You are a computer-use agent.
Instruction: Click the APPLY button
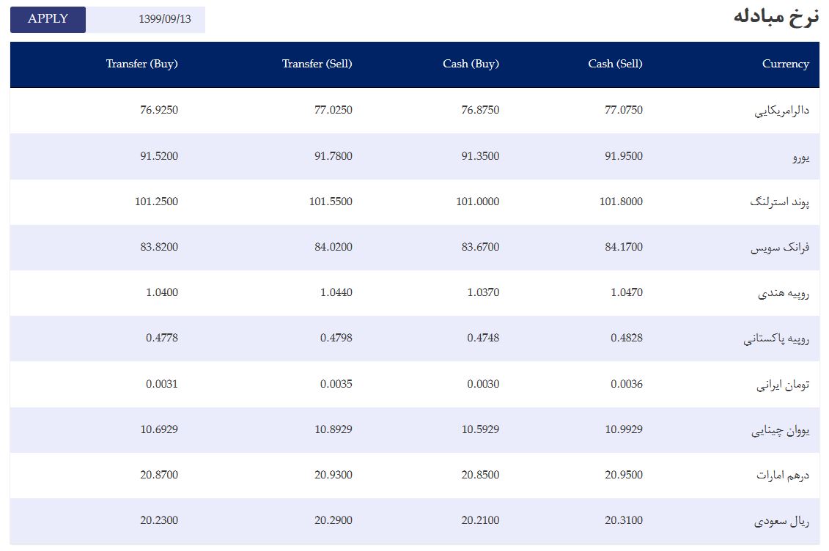pyautogui.click(x=48, y=20)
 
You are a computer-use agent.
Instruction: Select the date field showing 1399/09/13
pyautogui.click(x=146, y=20)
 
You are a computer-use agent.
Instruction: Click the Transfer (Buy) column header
pyautogui.click(x=141, y=64)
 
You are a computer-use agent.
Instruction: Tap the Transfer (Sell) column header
pyautogui.click(x=317, y=64)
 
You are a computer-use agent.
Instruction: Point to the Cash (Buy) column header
pyautogui.click(x=471, y=64)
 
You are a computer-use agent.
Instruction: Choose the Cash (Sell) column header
pyautogui.click(x=615, y=64)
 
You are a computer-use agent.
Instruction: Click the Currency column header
pyautogui.click(x=785, y=64)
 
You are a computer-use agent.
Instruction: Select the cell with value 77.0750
pyautogui.click(x=623, y=110)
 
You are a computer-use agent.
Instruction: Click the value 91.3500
pyautogui.click(x=480, y=156)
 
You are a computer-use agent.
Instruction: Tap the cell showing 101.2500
pyautogui.click(x=156, y=201)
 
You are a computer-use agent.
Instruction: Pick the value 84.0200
pyautogui.click(x=333, y=247)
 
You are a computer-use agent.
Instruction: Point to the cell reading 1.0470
pyautogui.click(x=627, y=292)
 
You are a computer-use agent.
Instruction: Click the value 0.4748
pyautogui.click(x=483, y=338)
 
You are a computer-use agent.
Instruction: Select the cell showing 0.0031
pyautogui.click(x=162, y=383)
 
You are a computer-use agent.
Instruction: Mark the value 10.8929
pyautogui.click(x=333, y=429)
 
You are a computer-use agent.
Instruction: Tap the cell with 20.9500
pyautogui.click(x=623, y=474)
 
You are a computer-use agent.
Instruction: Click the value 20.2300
pyautogui.click(x=158, y=519)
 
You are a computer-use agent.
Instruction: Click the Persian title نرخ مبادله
pyautogui.click(x=776, y=17)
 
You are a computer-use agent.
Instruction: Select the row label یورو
pyautogui.click(x=801, y=157)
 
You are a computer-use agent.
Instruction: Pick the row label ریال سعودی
pyautogui.click(x=781, y=521)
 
